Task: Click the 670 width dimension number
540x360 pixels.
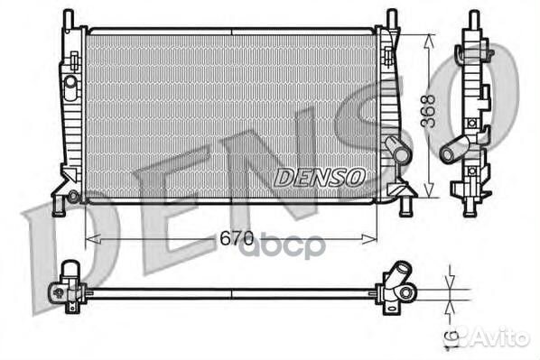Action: [232, 240]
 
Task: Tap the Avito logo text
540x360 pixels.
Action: [496, 338]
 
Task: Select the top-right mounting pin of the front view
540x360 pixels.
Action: [391, 18]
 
